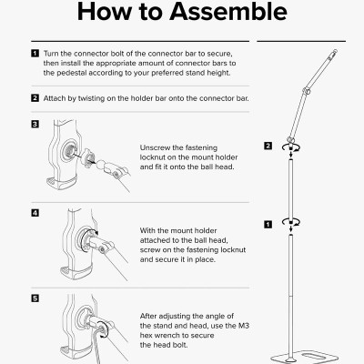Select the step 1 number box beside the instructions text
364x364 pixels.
coord(34,56)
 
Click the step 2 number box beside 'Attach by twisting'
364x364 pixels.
coord(34,96)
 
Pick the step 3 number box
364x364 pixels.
coord(34,124)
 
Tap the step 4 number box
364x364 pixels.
coord(34,213)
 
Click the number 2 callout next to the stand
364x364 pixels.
coord(268,146)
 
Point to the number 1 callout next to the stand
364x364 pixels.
coord(268,222)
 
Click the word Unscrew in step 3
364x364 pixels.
coord(157,147)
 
